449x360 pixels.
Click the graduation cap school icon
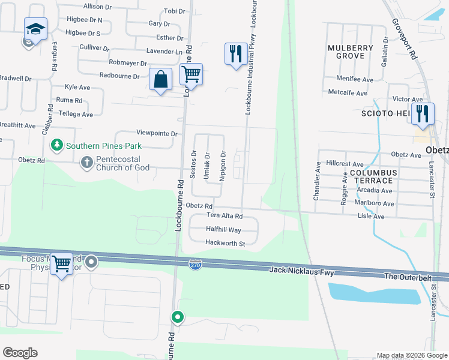[x=35, y=28]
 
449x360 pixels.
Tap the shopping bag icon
[x=161, y=79]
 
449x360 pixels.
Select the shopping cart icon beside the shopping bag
[x=191, y=74]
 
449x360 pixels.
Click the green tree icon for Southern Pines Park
[x=57, y=145]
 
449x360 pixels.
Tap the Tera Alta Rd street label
[x=224, y=216]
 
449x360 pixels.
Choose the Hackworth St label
[x=225, y=244]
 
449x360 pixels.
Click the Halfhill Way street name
[x=223, y=230]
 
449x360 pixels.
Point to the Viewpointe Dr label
[x=157, y=133]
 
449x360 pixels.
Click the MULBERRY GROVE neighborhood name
[x=346, y=52]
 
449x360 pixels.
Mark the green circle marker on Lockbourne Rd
[x=178, y=317]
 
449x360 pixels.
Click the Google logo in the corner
[x=20, y=353]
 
